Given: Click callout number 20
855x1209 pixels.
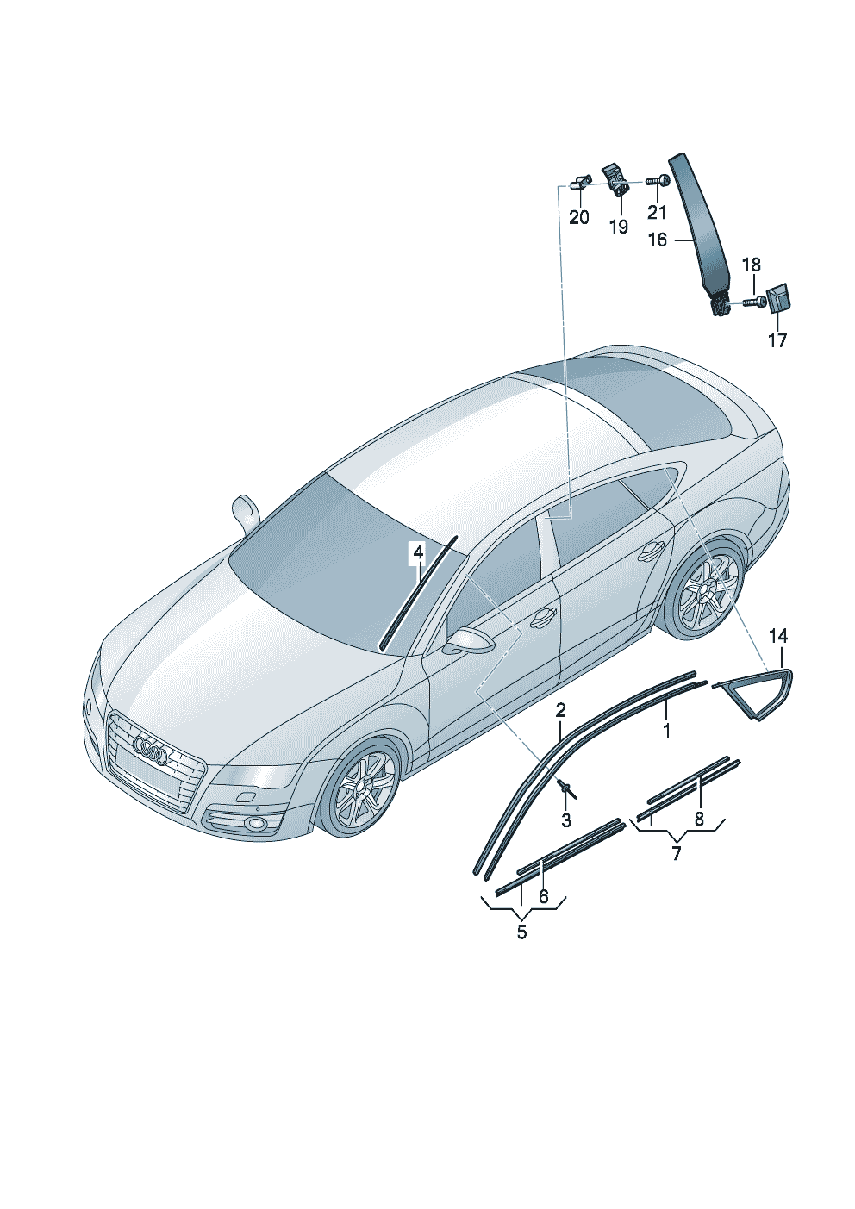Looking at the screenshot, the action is (578, 218).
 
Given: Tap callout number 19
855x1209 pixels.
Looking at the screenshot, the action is (619, 227).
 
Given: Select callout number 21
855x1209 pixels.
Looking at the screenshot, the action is (657, 213).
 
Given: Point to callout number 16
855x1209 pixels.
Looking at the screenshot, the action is (657, 240).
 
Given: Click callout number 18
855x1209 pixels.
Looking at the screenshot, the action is (752, 265).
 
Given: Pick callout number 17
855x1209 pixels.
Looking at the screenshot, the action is (777, 340).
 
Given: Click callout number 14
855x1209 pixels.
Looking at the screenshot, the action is (777, 637).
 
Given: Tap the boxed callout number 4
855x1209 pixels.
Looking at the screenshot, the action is (418, 552).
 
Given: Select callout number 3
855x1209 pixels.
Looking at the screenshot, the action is (566, 820).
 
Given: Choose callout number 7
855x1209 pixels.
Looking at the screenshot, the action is (677, 854).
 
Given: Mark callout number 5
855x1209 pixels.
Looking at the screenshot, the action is (522, 932).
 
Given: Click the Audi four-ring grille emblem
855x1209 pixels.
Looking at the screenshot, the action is (152, 751).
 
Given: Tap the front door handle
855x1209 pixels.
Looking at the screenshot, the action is (543, 616).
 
